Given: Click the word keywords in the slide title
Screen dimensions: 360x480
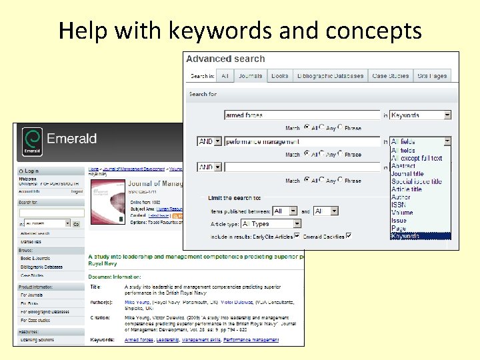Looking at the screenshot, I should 212,31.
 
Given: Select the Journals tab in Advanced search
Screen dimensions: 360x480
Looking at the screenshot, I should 250,76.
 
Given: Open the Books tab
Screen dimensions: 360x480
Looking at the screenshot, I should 280,76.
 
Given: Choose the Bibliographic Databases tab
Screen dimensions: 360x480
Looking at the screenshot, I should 331,76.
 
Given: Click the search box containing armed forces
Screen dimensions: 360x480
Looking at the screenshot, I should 301,115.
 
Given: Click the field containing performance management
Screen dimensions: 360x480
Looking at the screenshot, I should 301,141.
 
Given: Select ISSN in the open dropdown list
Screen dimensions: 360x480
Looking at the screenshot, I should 399,205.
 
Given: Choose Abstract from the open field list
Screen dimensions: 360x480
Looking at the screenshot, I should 403,166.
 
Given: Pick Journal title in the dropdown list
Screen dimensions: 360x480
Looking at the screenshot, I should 407,173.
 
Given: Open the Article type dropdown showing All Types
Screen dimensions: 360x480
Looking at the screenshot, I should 271,224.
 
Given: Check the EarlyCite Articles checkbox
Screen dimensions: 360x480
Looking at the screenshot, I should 297,235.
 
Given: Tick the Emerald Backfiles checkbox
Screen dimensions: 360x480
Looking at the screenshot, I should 349,235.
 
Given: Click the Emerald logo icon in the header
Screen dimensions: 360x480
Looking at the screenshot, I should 31,142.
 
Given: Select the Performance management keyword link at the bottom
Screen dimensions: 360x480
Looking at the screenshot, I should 251,340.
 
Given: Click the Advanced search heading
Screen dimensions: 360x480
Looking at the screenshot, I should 225,59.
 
